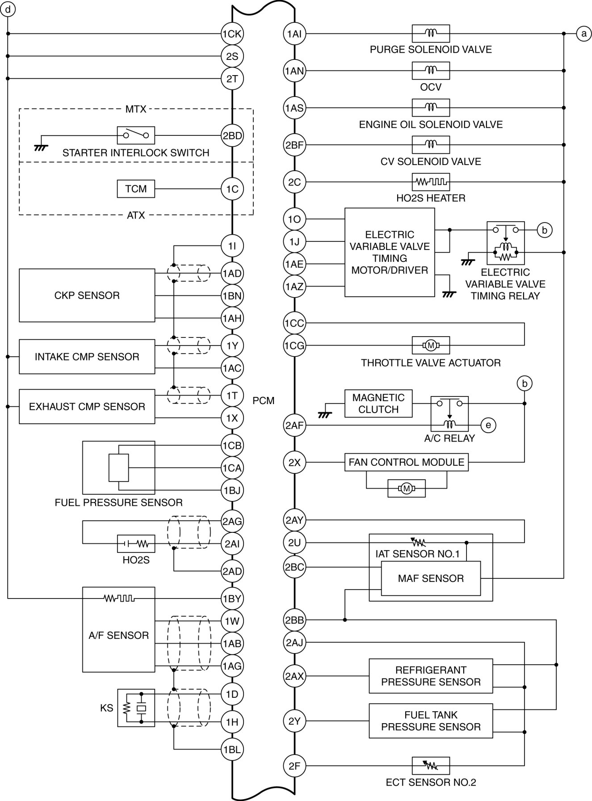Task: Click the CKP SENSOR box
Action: (x=87, y=295)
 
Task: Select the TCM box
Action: (x=136, y=189)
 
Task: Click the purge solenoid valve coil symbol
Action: (x=431, y=34)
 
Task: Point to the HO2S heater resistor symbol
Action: (x=431, y=182)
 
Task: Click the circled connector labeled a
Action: (x=584, y=34)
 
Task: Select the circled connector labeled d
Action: (x=8, y=9)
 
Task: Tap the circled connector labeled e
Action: (x=488, y=425)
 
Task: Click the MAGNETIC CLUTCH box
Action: (x=378, y=404)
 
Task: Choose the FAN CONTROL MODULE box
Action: (x=407, y=462)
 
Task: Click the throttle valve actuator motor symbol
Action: (x=431, y=345)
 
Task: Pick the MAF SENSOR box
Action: (x=431, y=578)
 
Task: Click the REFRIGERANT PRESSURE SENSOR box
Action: (x=431, y=676)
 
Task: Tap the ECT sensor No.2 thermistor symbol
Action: (x=431, y=766)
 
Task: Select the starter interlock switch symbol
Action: (x=136, y=135)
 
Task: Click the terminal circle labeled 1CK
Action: (x=232, y=34)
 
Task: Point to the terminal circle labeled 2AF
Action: (x=294, y=425)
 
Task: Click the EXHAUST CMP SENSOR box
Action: (x=87, y=406)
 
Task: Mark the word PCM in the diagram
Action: (x=264, y=400)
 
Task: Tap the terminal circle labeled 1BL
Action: (x=232, y=749)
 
